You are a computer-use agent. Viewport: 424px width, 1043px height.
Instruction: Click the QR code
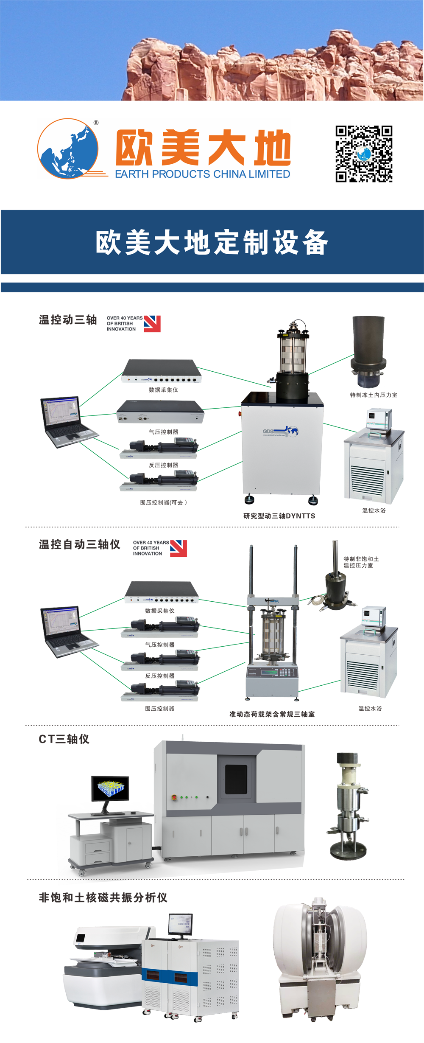364,154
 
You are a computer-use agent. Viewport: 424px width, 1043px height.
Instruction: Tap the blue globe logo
68,149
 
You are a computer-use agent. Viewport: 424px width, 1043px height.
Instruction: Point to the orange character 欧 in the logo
134,148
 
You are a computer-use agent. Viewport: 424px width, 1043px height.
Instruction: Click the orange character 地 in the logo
272,148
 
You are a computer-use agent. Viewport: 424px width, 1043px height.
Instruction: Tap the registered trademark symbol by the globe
96,123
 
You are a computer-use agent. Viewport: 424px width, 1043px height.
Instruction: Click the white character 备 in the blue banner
315,243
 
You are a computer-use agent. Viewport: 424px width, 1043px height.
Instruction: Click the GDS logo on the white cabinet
280,432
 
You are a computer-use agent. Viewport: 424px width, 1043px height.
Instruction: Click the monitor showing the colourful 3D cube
110,788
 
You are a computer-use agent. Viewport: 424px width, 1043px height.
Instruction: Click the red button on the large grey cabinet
174,797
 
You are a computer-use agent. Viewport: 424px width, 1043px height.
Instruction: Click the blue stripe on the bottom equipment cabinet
170,977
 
